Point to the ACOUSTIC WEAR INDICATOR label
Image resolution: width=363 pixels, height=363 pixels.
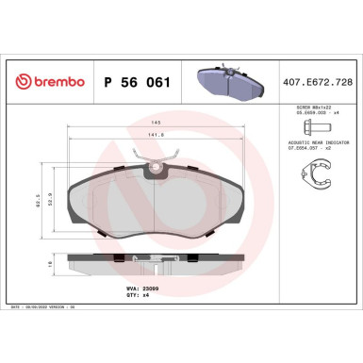click(x=315, y=148)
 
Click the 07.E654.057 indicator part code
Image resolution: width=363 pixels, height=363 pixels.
click(x=309, y=154)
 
